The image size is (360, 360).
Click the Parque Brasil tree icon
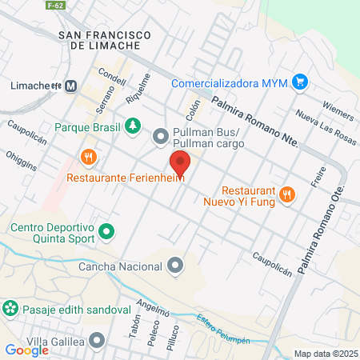132,126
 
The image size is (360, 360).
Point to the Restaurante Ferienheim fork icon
90,156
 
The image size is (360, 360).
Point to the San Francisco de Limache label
106,39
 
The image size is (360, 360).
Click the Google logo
26,350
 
